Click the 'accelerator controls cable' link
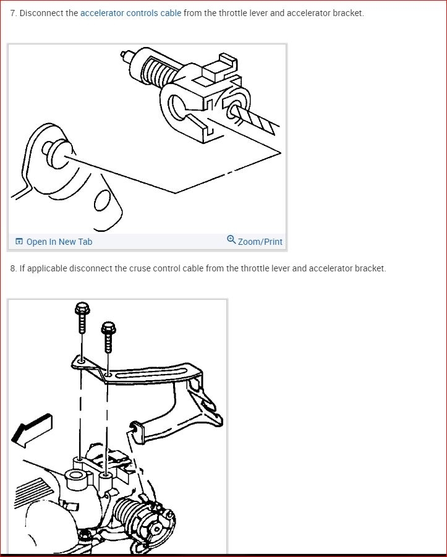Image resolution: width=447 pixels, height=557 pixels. pos(130,13)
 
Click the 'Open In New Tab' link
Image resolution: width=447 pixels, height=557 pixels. pos(59,242)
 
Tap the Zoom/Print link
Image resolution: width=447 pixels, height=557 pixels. pos(260,242)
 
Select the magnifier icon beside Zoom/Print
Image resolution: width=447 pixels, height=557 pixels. pos(231,240)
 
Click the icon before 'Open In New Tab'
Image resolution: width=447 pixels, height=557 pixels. pos(19,242)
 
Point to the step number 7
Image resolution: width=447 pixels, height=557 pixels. pos(13,13)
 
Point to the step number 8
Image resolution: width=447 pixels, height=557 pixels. pos(13,268)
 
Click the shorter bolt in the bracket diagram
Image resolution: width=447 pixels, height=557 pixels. pos(109,337)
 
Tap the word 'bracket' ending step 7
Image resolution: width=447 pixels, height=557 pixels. pos(347,13)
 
